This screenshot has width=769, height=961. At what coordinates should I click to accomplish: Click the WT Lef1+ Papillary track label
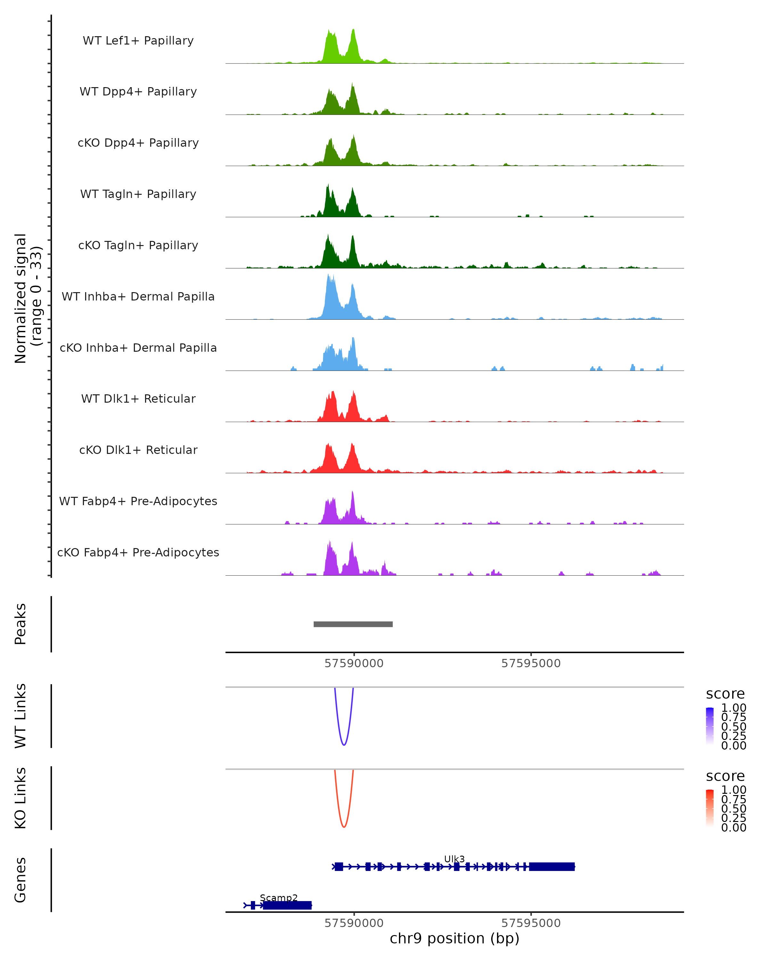pos(138,41)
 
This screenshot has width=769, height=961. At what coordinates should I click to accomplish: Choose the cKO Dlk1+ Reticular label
pos(138,450)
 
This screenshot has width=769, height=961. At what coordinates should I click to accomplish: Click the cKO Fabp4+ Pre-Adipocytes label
pos(138,552)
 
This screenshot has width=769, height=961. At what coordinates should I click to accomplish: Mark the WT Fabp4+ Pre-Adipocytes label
pos(138,501)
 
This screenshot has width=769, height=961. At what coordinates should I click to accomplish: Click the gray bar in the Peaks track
pos(353,624)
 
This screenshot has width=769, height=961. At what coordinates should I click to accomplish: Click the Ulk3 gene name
pos(454,859)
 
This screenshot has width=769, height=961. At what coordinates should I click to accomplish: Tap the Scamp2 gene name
pos(279,898)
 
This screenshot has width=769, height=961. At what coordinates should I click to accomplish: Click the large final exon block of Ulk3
pos(551,867)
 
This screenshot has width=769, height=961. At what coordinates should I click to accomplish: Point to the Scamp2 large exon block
pos(287,905)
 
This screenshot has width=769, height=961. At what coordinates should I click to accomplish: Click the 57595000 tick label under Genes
pos(531,923)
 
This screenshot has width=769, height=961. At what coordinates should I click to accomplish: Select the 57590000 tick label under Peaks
pos(354,664)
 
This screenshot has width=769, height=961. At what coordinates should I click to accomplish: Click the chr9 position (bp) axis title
pos(454,939)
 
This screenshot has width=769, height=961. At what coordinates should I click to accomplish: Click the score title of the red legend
pos(725,776)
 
